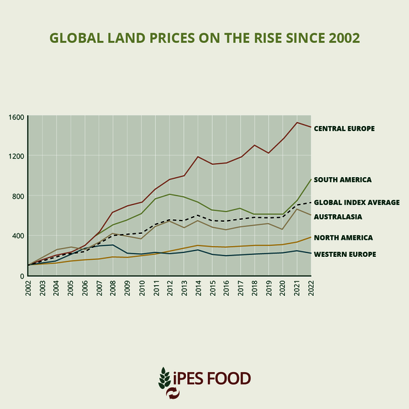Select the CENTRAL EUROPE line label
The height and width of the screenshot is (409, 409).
click(344, 128)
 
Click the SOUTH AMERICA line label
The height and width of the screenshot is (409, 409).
click(343, 180)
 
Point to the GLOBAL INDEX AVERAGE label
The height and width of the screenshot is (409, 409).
click(357, 203)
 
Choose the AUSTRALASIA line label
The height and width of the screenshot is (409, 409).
click(338, 217)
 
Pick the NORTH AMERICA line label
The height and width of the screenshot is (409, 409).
click(343, 237)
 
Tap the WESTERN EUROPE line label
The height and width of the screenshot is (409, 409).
click(344, 254)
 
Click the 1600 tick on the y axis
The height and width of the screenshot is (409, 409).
click(16, 117)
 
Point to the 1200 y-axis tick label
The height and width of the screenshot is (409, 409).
click(16, 157)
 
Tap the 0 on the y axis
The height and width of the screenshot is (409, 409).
click(21, 275)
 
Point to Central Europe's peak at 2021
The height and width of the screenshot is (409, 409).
click(297, 122)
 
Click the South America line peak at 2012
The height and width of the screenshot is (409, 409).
click(170, 194)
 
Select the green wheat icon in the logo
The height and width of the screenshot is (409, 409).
click(165, 378)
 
